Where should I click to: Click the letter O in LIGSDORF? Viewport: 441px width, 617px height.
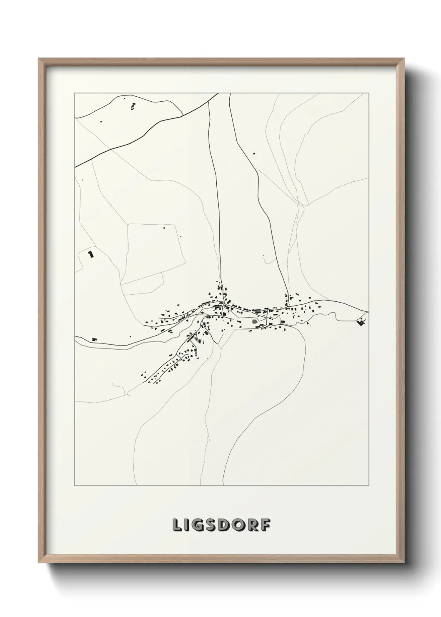tap(241, 525)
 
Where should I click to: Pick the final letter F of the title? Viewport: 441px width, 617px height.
tap(266, 525)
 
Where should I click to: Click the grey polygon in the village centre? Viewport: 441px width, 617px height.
tap(255, 321)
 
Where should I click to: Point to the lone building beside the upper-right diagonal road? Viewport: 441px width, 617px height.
tap(253, 153)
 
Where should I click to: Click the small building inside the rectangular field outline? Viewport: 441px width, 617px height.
tap(164, 228)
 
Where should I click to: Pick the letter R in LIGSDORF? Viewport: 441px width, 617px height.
tap(254, 525)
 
